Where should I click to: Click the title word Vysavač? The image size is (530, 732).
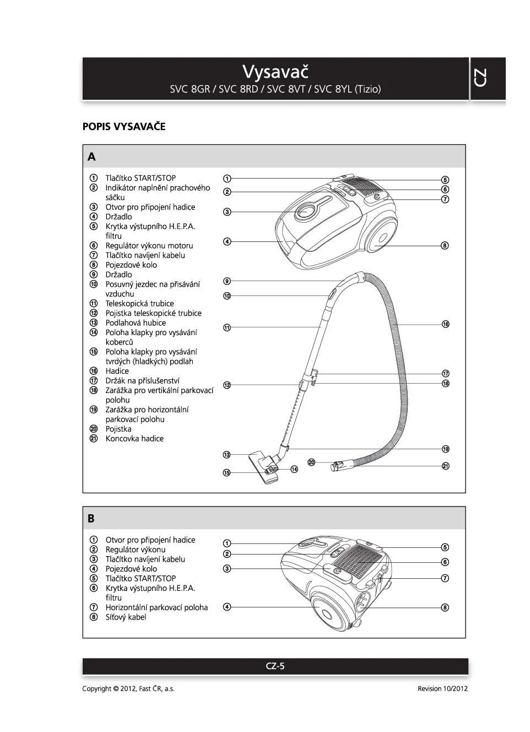point(275,72)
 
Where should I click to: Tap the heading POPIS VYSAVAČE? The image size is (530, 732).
point(124,127)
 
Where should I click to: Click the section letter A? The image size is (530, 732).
point(91,157)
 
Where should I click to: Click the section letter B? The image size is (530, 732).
point(91,519)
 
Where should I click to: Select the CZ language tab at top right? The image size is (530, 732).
point(479,78)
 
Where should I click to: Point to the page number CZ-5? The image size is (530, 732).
point(275,666)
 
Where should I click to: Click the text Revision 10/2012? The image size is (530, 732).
point(442,688)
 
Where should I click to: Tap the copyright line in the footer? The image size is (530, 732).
point(128,688)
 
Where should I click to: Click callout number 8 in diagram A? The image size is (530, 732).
point(445,245)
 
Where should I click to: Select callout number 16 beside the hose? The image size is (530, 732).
point(445,324)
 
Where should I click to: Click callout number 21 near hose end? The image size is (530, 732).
point(445,466)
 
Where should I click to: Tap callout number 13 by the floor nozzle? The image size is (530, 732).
point(227,455)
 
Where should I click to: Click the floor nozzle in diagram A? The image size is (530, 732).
point(263,466)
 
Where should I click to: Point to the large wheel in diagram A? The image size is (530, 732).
point(381,237)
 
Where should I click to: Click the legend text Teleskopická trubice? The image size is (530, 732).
point(139,304)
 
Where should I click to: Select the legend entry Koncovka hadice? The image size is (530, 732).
point(134,439)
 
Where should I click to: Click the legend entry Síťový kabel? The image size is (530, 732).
point(126,617)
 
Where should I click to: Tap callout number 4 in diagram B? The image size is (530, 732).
point(227,607)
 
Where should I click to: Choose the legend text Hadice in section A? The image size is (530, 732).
point(117,372)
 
